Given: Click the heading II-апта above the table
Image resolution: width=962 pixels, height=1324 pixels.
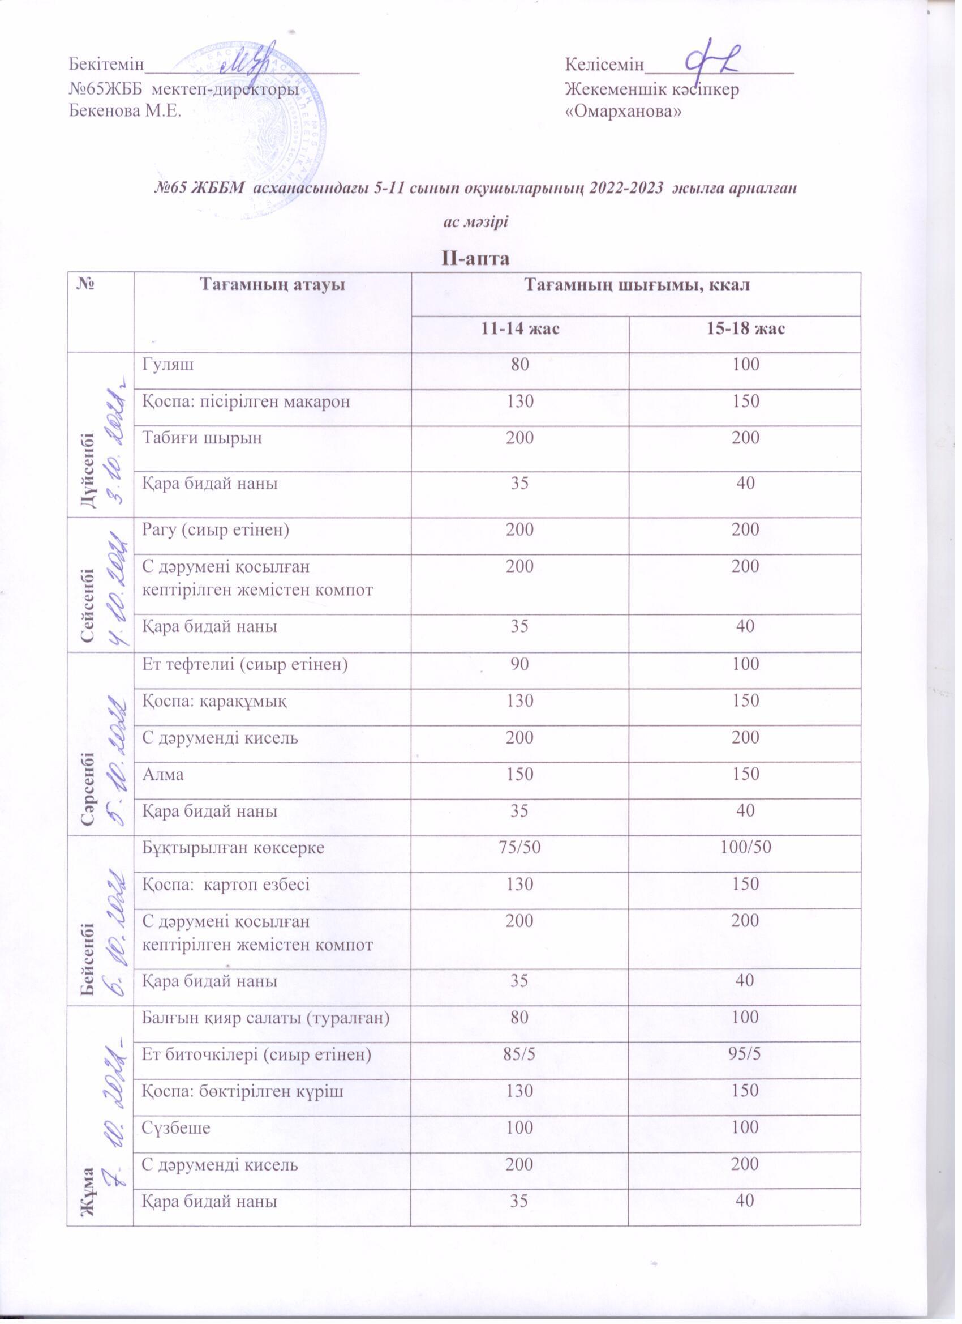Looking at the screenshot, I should [476, 258].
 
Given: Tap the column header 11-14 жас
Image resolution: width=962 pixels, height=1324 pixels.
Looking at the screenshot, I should [520, 329].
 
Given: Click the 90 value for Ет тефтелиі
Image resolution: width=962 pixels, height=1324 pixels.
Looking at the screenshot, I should [520, 664].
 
